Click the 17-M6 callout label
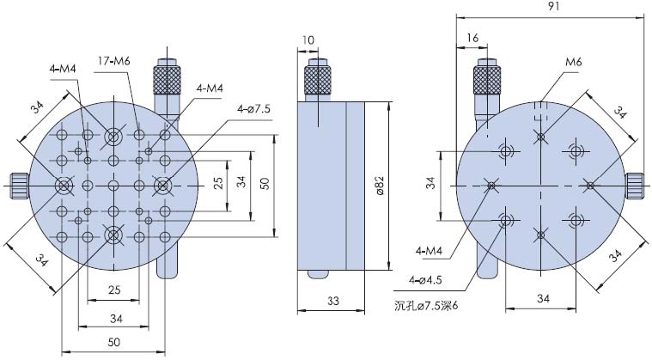pyautogui.click(x=114, y=61)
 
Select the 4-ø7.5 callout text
pyautogui.click(x=253, y=109)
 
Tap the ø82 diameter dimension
pyautogui.click(x=380, y=186)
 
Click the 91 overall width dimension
pyautogui.click(x=553, y=7)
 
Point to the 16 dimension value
pyautogui.click(x=472, y=38)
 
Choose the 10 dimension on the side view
pyautogui.click(x=308, y=40)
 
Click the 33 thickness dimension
pyautogui.click(x=333, y=300)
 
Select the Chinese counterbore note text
pyautogui.click(x=425, y=307)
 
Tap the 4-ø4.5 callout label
pyautogui.click(x=425, y=280)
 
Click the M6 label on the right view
pyautogui.click(x=574, y=63)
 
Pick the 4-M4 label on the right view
pyautogui.click(x=429, y=251)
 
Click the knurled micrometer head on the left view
pyautogui.click(x=168, y=79)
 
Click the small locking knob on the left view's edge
pyautogui.click(x=19, y=186)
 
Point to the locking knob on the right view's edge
pyautogui.click(x=634, y=186)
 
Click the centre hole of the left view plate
pyautogui.click(x=113, y=186)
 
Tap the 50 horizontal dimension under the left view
pyautogui.click(x=113, y=342)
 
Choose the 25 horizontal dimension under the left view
pyautogui.click(x=114, y=290)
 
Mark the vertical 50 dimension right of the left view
pyautogui.click(x=265, y=184)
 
